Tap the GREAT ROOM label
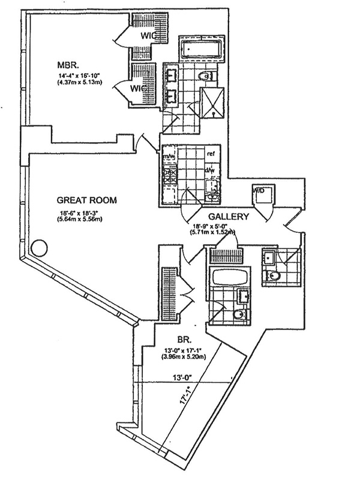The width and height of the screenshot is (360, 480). [x=86, y=200]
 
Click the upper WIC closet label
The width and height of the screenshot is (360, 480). [x=148, y=35]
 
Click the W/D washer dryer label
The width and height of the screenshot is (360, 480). [x=260, y=190]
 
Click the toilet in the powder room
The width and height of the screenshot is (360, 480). [x=274, y=277]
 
